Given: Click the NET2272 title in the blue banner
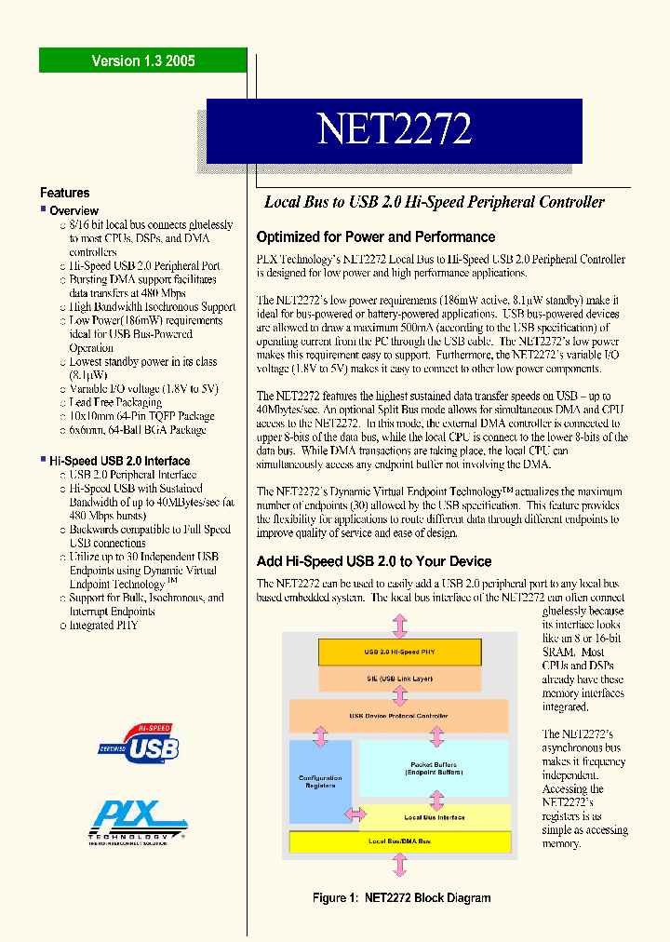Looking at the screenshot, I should [394, 129].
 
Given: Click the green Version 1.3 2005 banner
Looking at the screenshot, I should [142, 61].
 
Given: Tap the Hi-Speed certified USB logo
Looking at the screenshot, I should [140, 743].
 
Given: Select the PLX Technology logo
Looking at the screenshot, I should [137, 820].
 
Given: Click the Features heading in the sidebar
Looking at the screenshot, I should [65, 193].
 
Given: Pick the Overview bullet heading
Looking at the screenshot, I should [74, 211].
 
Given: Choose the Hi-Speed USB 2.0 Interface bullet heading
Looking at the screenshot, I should [119, 461].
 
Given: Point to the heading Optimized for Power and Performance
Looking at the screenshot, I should [375, 236].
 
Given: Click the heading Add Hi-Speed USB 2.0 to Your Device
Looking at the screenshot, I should [373, 561].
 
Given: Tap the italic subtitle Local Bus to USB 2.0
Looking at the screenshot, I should [435, 202].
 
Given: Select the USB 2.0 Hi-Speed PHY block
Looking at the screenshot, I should [399, 653].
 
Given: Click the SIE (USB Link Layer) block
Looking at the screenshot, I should [399, 679].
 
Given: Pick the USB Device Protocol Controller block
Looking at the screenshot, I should [399, 716].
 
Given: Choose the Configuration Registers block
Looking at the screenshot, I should [320, 782].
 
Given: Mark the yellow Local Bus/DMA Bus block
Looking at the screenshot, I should [399, 841].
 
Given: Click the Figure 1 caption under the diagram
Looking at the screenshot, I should [401, 897].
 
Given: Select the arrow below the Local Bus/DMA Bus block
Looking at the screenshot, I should [399, 866].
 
